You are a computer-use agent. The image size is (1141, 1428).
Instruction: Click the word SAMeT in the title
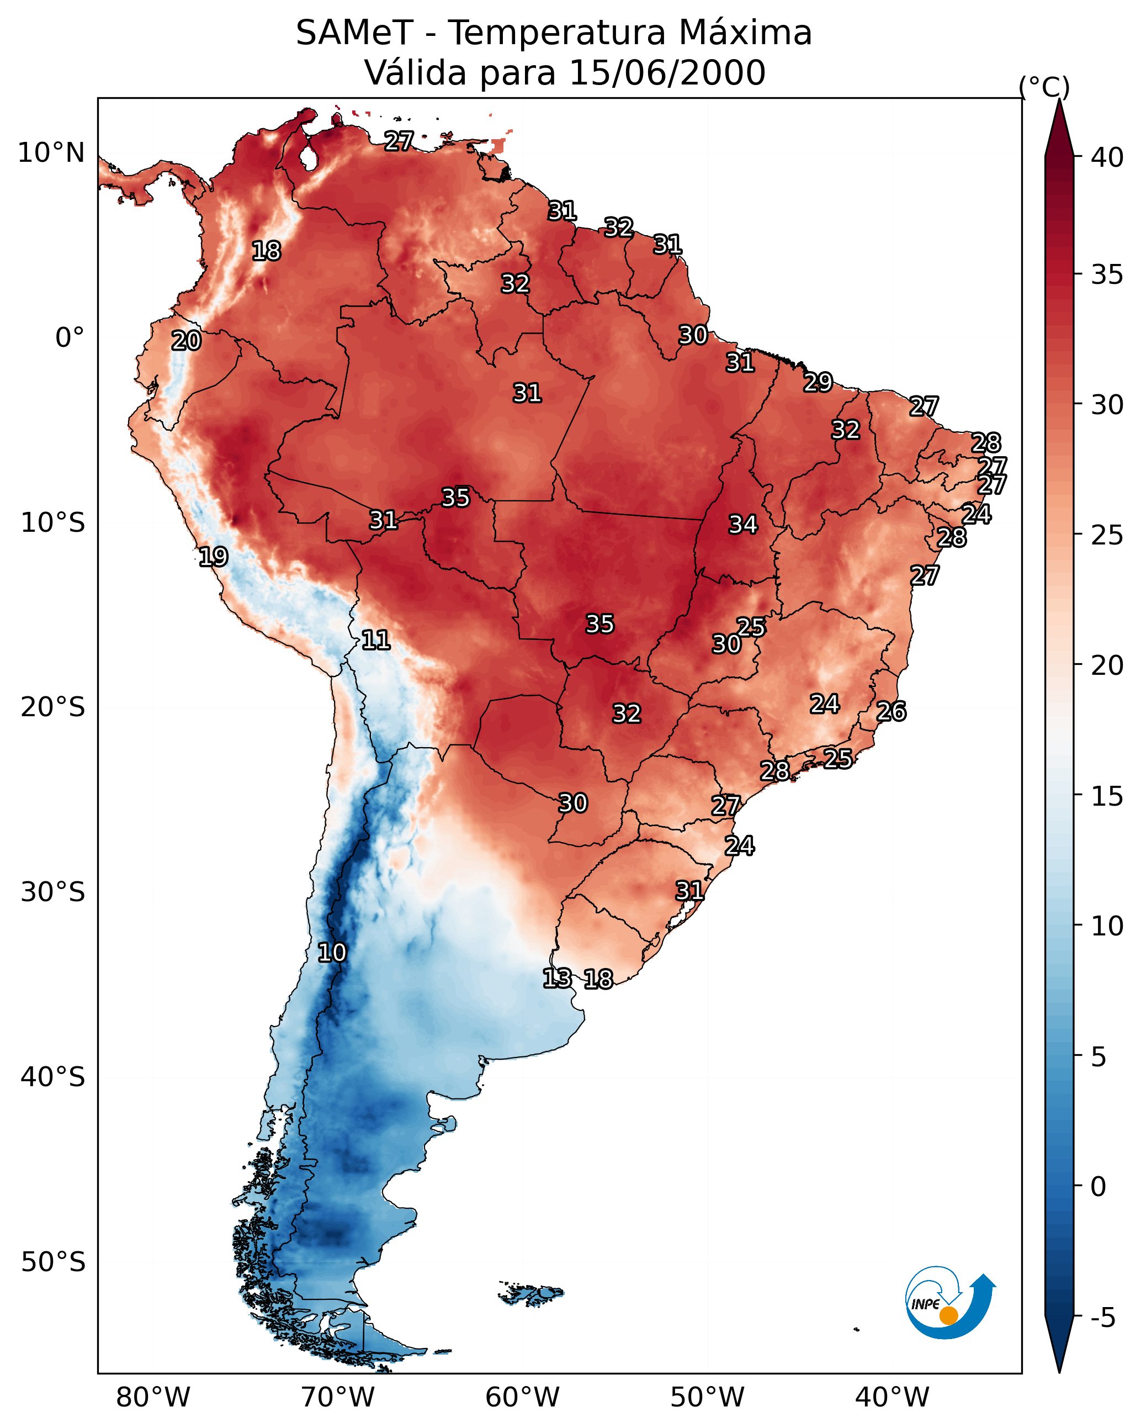354,33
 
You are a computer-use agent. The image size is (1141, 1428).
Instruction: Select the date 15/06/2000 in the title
667,73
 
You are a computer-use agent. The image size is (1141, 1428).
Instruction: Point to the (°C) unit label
1044,87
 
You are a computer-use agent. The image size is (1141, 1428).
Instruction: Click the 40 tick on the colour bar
1107,157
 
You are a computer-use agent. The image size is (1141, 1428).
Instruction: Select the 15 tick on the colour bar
1107,796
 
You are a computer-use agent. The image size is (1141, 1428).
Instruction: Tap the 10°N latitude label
51,153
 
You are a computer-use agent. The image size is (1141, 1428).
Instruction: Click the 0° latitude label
70,338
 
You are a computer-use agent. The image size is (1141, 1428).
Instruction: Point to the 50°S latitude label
53,1262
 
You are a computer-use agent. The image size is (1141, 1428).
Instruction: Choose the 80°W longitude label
153,1398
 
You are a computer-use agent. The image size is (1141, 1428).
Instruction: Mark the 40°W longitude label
892,1398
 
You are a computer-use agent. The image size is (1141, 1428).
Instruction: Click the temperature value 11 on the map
375,640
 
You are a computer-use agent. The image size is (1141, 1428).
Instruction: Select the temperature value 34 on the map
743,525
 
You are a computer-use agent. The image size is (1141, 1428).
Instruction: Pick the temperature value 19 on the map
213,557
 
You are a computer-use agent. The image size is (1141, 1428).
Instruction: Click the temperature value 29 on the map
818,382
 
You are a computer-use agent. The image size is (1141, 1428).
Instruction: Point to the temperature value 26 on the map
891,711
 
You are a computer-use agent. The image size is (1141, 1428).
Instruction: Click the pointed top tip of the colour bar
1059,101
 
